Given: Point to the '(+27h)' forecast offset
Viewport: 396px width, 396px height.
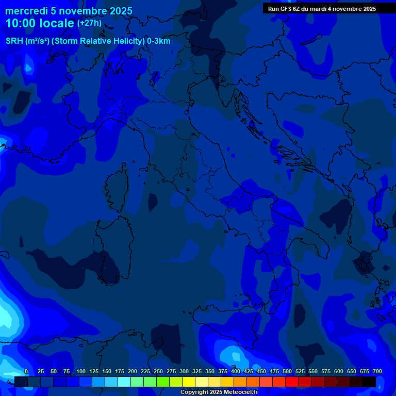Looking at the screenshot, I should coord(89,23).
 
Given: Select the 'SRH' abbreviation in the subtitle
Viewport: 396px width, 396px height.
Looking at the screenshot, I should coord(14,41).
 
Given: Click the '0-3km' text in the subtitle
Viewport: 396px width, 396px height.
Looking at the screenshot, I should coord(159,41).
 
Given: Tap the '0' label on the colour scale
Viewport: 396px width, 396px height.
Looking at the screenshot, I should coord(26,371).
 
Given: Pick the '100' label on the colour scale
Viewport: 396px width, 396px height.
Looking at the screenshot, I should coord(81,371).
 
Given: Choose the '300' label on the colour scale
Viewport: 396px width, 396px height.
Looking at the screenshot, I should coord(184,371).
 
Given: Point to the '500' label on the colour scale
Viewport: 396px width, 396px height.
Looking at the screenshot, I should coord(287,371).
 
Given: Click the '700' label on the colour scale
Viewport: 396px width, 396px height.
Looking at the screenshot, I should coord(377,371).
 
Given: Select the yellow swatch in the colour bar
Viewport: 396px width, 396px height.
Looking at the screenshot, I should coord(188,382).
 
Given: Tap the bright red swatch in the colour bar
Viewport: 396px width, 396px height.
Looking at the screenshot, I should coord(291,382).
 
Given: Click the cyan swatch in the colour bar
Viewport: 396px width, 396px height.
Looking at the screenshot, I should coord(124,382).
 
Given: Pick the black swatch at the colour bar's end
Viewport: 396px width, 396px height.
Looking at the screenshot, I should coord(369,382).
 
